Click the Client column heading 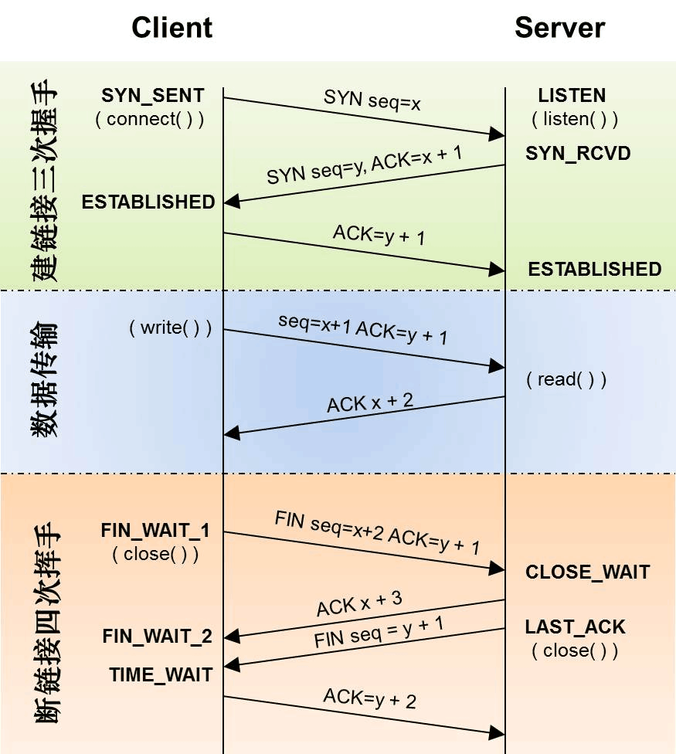pos(172,28)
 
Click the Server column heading pos(560,28)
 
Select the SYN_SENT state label pos(153,96)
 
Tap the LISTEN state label pos(572,96)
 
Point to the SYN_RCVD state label pos(578,153)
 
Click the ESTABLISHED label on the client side pos(148,202)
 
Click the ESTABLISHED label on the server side pos(595,269)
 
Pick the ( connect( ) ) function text pos(150,119)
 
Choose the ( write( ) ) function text pos(170,328)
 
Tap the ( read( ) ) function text pos(566,379)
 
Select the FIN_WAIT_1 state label pos(155,532)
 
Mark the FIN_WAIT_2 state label pos(157,637)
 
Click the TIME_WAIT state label pos(161,674)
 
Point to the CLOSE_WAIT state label pos(588,572)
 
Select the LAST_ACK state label pos(576,627)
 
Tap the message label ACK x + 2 pos(370,402)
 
